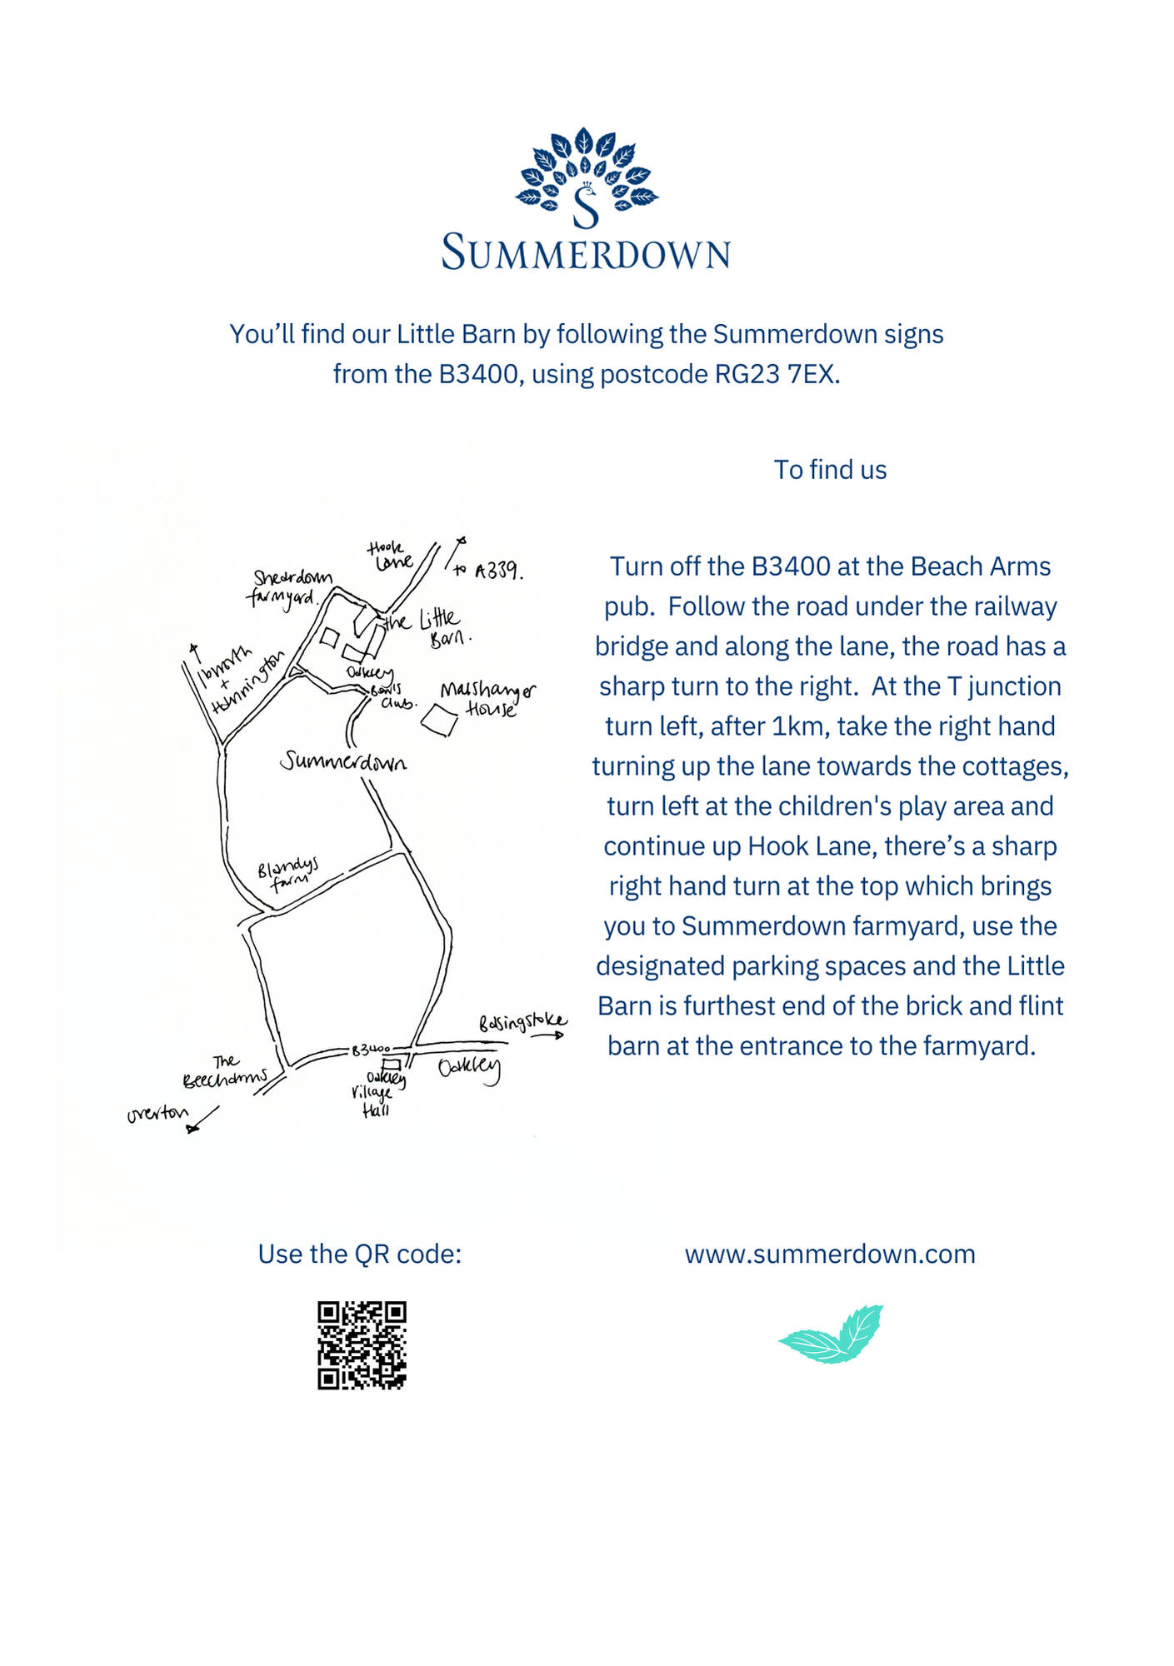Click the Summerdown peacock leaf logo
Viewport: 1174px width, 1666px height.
[587, 177]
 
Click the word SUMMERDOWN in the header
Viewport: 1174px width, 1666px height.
[587, 252]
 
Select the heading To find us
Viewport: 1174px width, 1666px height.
[830, 470]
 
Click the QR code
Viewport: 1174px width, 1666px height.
[362, 1344]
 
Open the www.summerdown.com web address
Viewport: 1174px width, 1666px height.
[830, 1254]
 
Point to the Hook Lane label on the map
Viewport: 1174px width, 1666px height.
[389, 556]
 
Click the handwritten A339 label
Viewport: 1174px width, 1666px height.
[498, 571]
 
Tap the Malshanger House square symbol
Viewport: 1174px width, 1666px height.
[439, 720]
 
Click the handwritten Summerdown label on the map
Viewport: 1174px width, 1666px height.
[343, 761]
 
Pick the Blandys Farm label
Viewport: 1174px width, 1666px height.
[287, 875]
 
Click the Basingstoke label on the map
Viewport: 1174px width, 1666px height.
[522, 1022]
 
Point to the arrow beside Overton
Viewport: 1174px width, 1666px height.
[203, 1119]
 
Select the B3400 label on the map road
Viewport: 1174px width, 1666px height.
[370, 1050]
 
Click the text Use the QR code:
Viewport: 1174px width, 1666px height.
[359, 1254]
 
